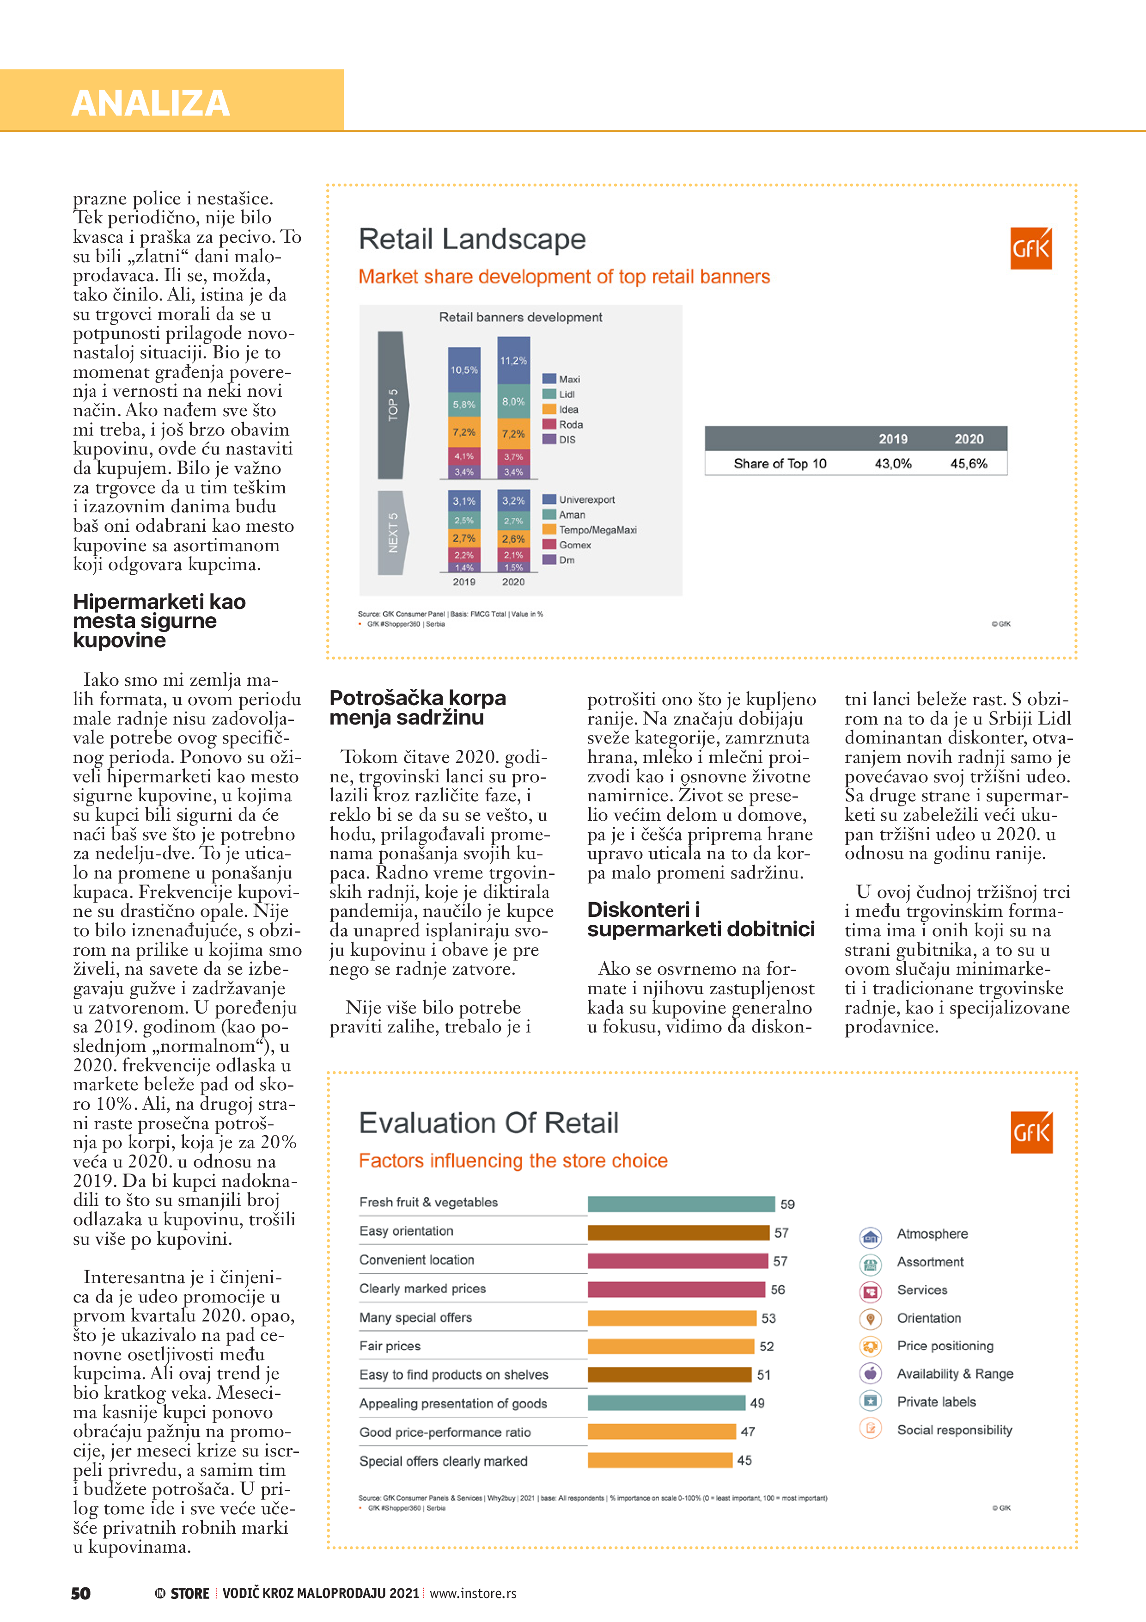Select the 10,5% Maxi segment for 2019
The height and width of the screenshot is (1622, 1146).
[464, 369]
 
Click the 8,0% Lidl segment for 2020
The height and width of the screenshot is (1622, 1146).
[513, 401]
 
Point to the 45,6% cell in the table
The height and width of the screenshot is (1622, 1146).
[968, 463]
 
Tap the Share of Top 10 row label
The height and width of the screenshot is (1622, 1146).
[780, 463]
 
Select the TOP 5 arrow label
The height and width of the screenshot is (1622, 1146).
[393, 405]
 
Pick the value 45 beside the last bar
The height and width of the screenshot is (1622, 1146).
[744, 1460]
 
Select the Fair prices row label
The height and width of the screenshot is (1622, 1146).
[390, 1346]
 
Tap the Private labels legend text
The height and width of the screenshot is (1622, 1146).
[936, 1401]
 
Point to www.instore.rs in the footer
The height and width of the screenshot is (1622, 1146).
[473, 1593]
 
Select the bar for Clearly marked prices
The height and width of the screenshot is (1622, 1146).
[676, 1289]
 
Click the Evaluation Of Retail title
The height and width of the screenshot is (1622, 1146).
[488, 1123]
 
